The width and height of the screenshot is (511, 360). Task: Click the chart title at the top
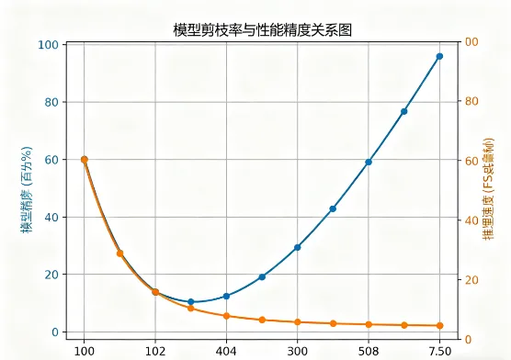(262, 30)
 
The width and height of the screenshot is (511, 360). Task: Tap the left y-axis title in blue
(27, 188)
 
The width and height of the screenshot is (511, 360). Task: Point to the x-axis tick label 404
(226, 350)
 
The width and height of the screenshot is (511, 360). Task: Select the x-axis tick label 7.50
(439, 350)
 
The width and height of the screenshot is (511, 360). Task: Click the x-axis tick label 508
(369, 350)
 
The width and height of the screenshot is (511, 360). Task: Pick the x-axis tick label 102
(155, 350)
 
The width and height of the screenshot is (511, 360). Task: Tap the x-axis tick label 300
(298, 350)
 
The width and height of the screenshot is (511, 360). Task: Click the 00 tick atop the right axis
(471, 43)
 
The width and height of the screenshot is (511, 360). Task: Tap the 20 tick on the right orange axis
(471, 280)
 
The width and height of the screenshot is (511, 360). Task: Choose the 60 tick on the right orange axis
(471, 162)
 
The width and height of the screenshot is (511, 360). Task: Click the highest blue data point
(439, 56)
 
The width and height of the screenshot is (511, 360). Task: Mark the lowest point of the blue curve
(191, 301)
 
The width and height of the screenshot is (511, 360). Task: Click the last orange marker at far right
(439, 325)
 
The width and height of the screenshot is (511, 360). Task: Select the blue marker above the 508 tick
(369, 162)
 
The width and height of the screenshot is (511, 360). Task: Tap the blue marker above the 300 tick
(298, 247)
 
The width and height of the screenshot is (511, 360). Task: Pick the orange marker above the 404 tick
(226, 316)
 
